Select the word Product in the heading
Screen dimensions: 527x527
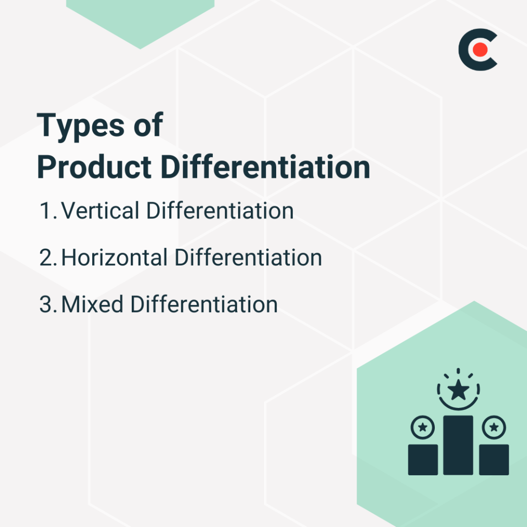(x=94, y=168)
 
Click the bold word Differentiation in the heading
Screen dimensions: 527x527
(x=266, y=168)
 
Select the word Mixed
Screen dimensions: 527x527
(x=93, y=305)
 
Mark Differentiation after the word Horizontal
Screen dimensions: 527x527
(x=248, y=258)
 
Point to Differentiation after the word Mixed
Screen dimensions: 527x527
(x=204, y=305)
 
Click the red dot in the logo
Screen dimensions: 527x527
(x=480, y=49)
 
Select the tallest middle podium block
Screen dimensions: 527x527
(x=458, y=445)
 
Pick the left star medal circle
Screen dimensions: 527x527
(x=423, y=428)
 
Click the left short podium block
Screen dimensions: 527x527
(x=423, y=460)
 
